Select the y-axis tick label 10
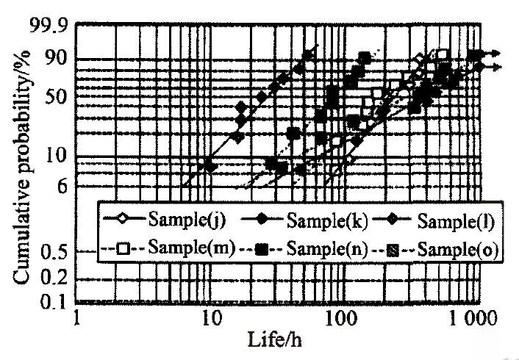click(57, 155)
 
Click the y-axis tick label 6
click(62, 186)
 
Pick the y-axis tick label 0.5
click(53, 252)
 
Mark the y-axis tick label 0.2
click(53, 278)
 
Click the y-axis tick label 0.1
click(53, 301)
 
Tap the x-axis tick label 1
click(79, 320)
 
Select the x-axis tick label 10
click(211, 320)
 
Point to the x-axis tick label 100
click(340, 320)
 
